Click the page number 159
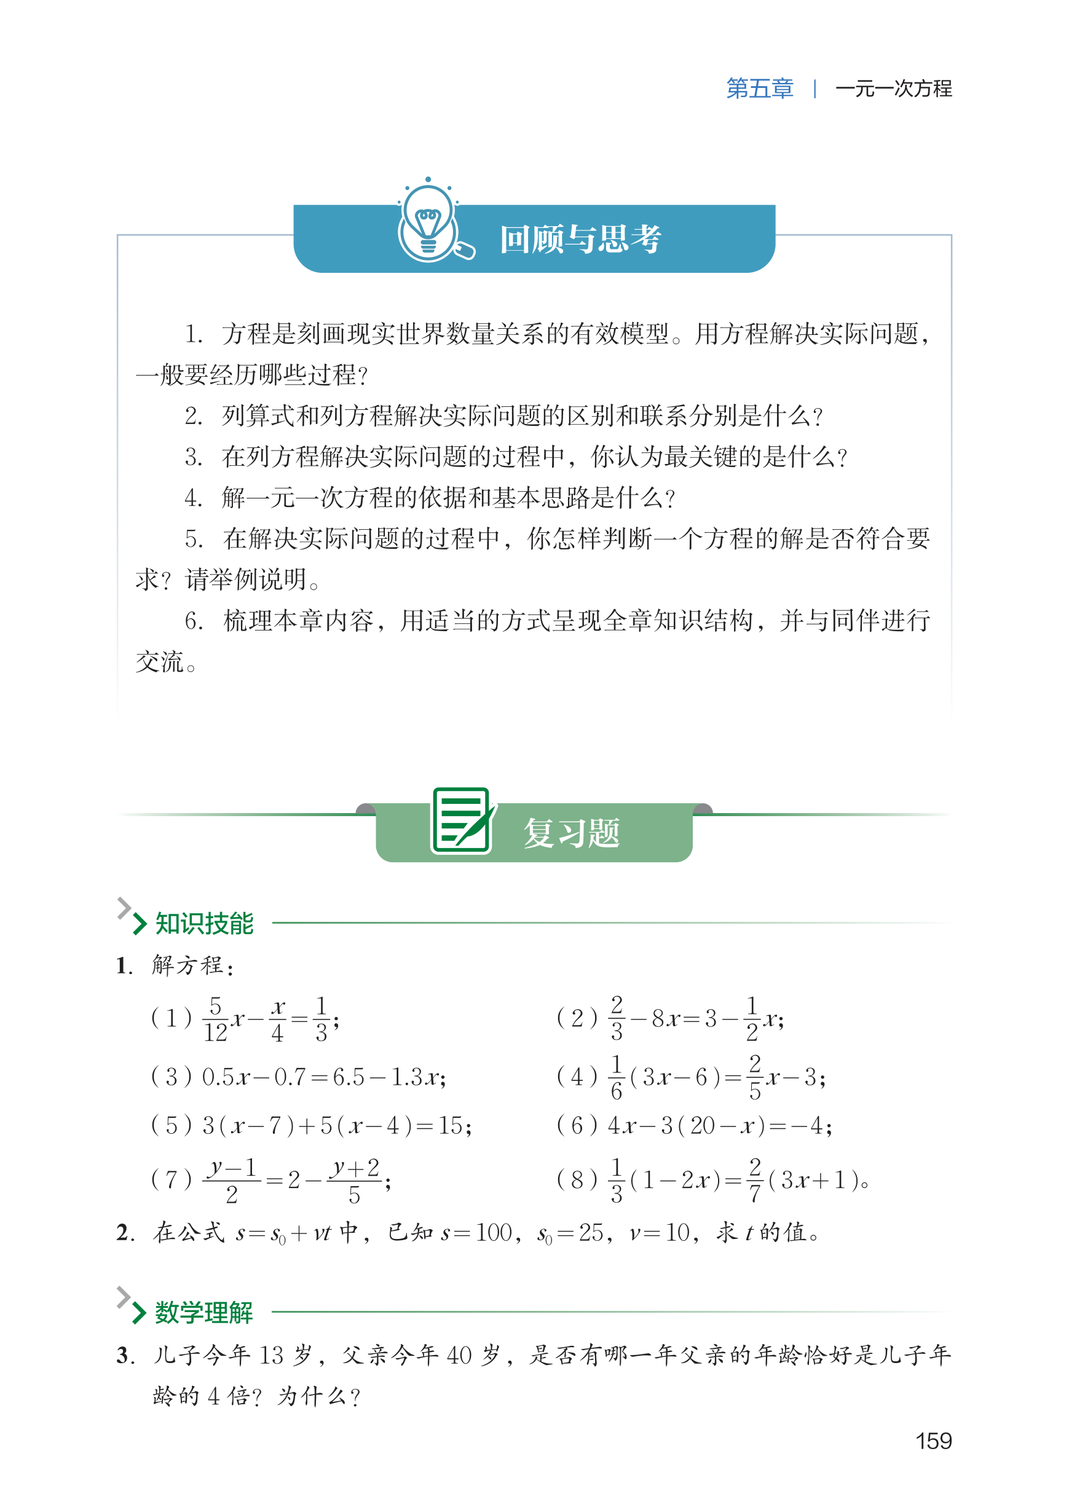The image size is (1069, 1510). (x=933, y=1441)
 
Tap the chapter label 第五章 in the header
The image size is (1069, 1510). (x=759, y=88)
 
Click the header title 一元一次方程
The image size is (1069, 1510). (x=893, y=88)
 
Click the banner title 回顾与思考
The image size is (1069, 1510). (x=580, y=239)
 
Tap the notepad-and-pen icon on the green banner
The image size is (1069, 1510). (x=463, y=821)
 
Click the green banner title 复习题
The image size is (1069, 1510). (x=571, y=833)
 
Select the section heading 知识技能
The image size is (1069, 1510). (x=204, y=923)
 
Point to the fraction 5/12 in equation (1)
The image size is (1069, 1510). (x=215, y=1019)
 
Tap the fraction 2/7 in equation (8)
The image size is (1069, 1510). (x=754, y=1180)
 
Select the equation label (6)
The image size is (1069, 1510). (x=577, y=1126)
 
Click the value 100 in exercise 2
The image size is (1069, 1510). (x=494, y=1232)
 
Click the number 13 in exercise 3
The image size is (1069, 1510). (x=271, y=1355)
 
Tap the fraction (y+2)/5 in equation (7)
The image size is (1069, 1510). (x=355, y=1181)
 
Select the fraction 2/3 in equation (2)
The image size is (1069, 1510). (x=616, y=1018)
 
